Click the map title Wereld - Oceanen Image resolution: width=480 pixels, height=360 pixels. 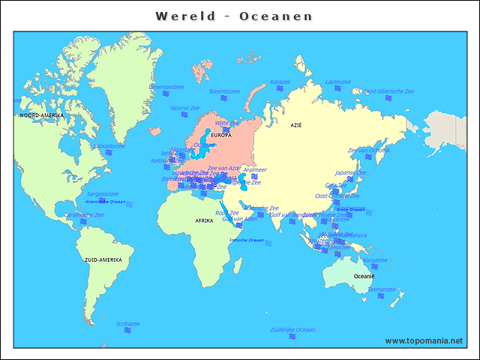pyautogui.click(x=234, y=16)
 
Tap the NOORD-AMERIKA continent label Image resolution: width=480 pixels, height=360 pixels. pyautogui.click(x=41, y=115)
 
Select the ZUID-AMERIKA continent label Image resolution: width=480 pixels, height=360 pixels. pyautogui.click(x=103, y=259)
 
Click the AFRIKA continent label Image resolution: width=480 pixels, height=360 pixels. pyautogui.click(x=204, y=221)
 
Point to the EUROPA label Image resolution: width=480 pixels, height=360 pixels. pyautogui.click(x=221, y=135)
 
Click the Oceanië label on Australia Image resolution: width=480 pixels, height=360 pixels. pyautogui.click(x=364, y=276)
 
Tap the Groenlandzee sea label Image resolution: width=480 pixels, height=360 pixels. pyautogui.click(x=166, y=87)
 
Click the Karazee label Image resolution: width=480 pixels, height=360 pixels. pyautogui.click(x=280, y=82)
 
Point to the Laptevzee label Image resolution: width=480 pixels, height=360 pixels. pyautogui.click(x=337, y=82)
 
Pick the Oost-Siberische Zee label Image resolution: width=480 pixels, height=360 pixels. pyautogui.click(x=388, y=91)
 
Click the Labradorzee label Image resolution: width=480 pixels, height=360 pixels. pyautogui.click(x=109, y=145)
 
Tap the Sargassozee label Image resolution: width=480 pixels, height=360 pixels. pyautogui.click(x=103, y=193)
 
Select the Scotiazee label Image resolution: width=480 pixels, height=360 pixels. pyautogui.click(x=128, y=323)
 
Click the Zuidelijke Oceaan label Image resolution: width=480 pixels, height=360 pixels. pyautogui.click(x=292, y=329)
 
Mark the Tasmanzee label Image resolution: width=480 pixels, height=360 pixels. pyautogui.click(x=381, y=289)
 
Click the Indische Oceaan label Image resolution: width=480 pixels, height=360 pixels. pyautogui.click(x=247, y=240)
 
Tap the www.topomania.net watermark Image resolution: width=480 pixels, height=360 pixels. pyautogui.click(x=424, y=340)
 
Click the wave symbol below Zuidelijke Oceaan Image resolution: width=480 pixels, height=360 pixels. pyautogui.click(x=292, y=338)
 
